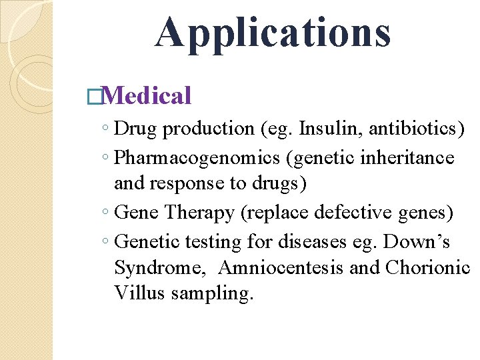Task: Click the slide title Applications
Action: [x=273, y=33]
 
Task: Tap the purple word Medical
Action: [x=147, y=96]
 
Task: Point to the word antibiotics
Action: [x=413, y=128]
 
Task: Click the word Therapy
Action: [x=199, y=213]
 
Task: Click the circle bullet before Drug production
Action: [x=107, y=129]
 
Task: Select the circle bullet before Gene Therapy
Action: [x=107, y=213]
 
